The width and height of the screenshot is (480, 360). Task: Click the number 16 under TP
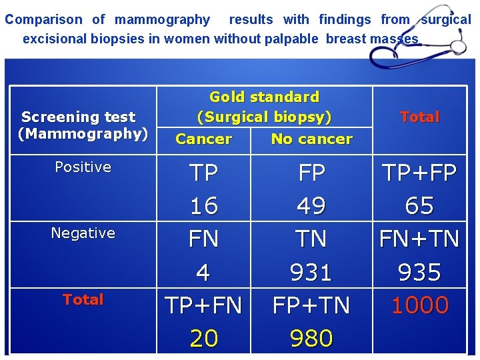click(204, 206)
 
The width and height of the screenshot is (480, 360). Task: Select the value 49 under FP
click(311, 206)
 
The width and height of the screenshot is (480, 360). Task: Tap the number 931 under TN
click(311, 272)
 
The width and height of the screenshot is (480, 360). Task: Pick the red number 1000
click(419, 305)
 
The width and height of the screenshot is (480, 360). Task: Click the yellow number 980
click(311, 339)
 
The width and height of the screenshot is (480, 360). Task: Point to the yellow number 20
click(204, 339)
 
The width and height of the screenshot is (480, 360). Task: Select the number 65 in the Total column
click(419, 206)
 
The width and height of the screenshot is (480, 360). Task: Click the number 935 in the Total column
click(419, 272)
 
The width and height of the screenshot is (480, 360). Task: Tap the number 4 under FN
click(203, 272)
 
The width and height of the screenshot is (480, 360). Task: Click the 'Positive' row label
click(83, 167)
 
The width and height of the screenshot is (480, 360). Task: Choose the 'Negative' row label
click(83, 233)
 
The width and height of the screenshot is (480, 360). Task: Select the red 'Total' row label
click(83, 299)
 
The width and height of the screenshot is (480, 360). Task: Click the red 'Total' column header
click(419, 117)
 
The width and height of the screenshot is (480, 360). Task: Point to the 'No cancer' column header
click(311, 139)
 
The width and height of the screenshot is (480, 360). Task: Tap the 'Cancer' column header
click(203, 139)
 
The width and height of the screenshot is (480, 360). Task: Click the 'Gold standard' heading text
click(264, 97)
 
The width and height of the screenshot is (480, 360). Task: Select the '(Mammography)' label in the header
click(83, 134)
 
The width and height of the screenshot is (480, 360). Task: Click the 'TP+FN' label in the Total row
click(204, 305)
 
